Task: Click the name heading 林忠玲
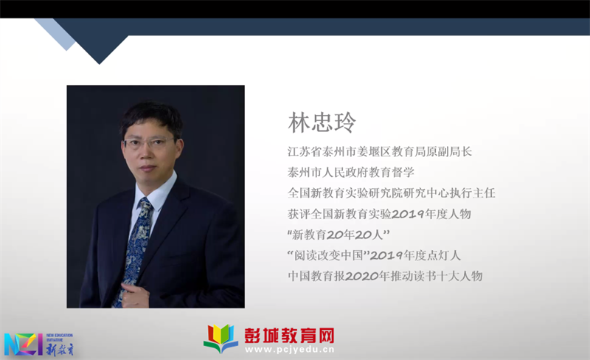(x=322, y=122)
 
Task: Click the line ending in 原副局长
(x=380, y=152)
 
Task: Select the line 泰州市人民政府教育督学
(x=351, y=173)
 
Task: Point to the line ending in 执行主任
(x=392, y=193)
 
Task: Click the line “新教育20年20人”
(x=339, y=235)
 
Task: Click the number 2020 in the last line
(x=361, y=276)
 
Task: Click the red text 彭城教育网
(x=289, y=335)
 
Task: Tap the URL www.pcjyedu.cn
(x=289, y=350)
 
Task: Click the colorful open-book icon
(x=221, y=339)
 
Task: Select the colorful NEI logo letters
(x=23, y=344)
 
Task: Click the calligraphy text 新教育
(x=60, y=349)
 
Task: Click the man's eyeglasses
(x=150, y=143)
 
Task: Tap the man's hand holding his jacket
(x=134, y=295)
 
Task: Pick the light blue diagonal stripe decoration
(x=55, y=34)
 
